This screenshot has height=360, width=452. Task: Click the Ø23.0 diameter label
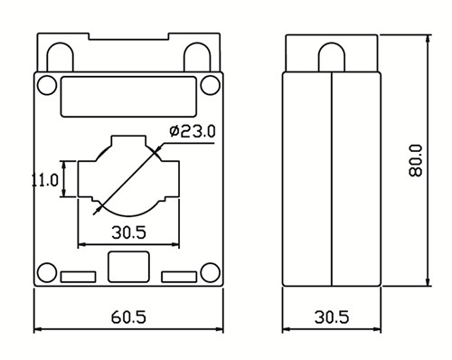pos(193,131)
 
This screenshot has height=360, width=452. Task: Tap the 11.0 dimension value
pos(45,180)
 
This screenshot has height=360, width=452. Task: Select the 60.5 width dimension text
pos(128,317)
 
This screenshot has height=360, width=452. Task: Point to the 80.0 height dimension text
pos(416,160)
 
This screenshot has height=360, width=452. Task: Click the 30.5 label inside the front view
pos(128,232)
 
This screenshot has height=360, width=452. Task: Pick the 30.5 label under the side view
pos(332,317)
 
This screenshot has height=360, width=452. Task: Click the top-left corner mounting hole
pos(47,85)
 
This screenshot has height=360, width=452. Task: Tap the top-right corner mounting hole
pos(211,85)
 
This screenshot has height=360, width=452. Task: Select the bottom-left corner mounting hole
pos(47,272)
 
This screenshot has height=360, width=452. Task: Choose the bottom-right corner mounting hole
pos(211,272)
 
